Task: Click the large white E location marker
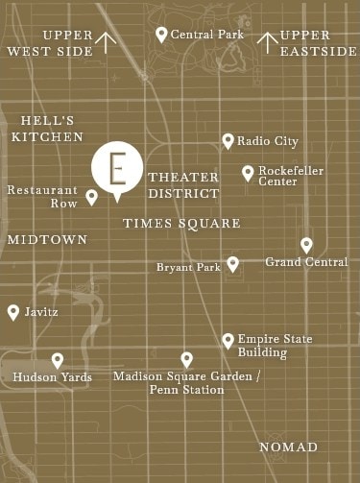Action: (117, 167)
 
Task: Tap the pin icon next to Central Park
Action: (161, 34)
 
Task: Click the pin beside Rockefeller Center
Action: (248, 173)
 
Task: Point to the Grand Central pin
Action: (306, 245)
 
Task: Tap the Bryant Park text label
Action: (188, 266)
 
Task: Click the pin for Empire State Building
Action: (228, 340)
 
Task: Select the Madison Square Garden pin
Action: (186, 359)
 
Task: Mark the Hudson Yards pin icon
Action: (58, 360)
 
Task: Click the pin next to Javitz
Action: (13, 311)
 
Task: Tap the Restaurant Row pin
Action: (92, 197)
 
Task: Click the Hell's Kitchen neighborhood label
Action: (42, 129)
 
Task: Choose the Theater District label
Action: (183, 185)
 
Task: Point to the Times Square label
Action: (181, 223)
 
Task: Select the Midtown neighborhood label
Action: (47, 238)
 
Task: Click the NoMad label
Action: (288, 447)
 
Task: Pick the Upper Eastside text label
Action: (318, 43)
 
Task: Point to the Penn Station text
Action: (187, 390)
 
